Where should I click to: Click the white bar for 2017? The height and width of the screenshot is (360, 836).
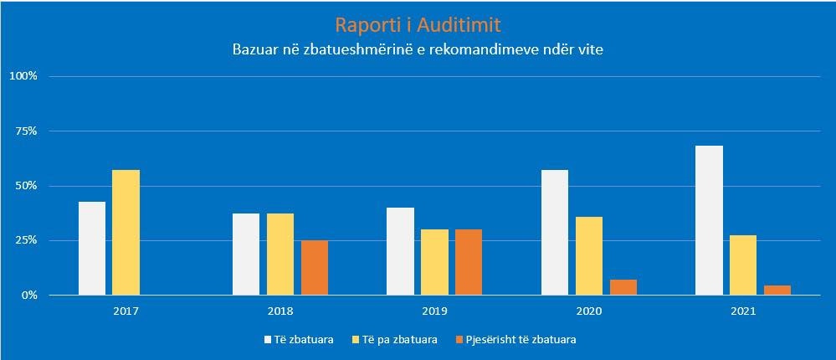tap(92, 249)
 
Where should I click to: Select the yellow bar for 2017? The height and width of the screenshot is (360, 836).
tap(126, 233)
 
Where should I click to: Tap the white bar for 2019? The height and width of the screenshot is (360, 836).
tap(400, 251)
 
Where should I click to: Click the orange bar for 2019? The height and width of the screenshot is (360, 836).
tap(469, 262)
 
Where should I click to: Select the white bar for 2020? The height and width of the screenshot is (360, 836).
tap(555, 233)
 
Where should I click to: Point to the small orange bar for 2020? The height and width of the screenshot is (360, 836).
tap(623, 287)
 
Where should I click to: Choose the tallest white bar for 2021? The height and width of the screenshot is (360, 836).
tap(710, 220)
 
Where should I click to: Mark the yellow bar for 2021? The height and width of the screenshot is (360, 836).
tap(743, 265)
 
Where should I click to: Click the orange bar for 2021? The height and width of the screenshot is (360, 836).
tap(777, 291)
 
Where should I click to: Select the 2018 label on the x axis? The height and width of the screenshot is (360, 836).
tap(280, 311)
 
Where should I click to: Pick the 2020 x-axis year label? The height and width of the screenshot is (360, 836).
tap(588, 311)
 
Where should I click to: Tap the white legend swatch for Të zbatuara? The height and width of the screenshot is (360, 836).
tap(268, 340)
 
